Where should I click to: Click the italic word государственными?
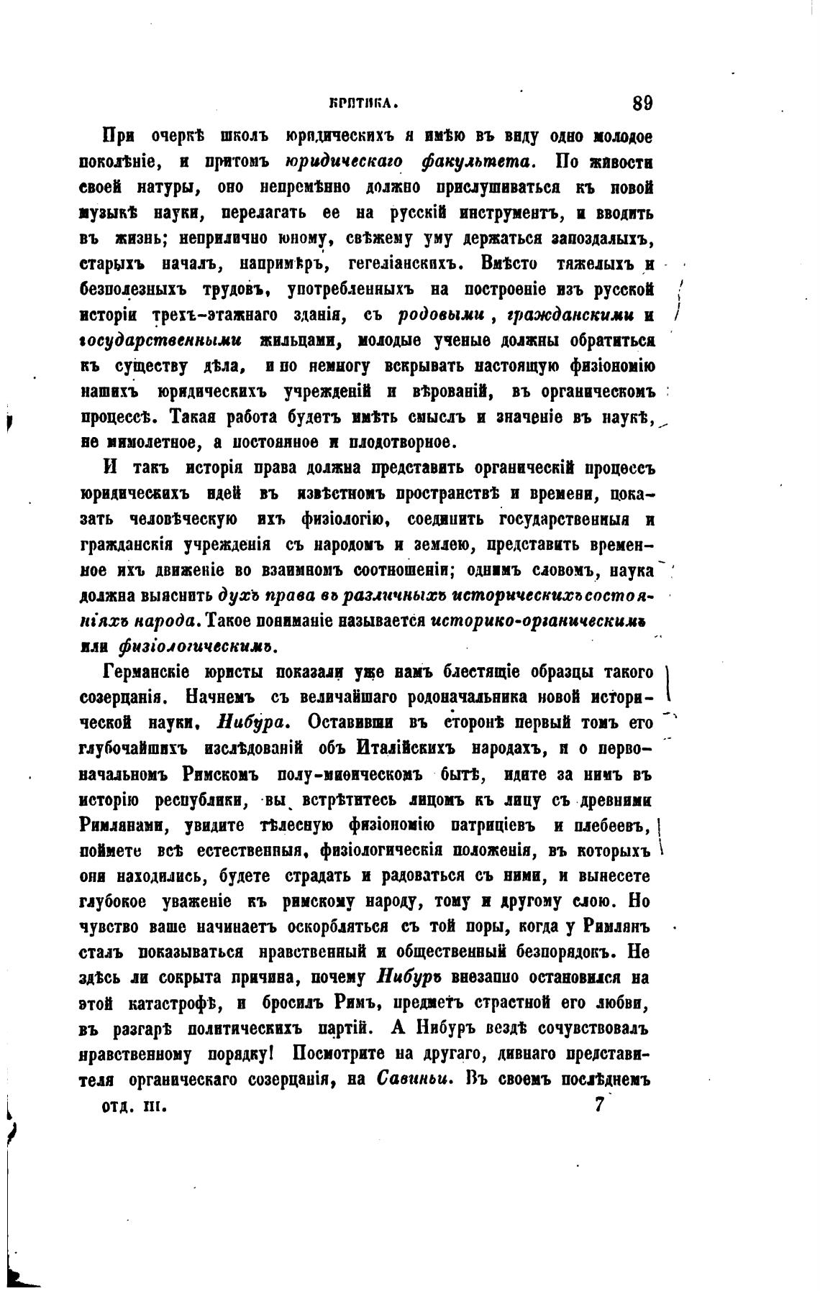[161, 340]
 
